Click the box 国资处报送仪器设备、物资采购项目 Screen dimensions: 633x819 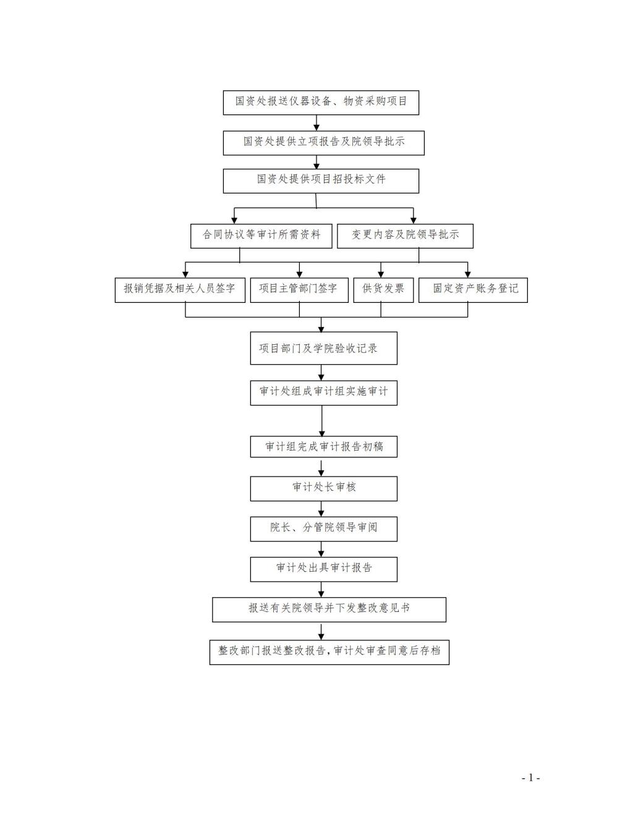click(321, 103)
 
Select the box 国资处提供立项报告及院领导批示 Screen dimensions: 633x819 click(324, 143)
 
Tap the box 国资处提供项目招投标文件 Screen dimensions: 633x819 click(321, 181)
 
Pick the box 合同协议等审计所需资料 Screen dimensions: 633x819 click(261, 236)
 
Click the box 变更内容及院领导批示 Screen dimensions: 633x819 click(405, 236)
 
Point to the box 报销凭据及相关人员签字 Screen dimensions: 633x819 click(180, 291)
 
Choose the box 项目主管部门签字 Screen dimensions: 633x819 click(299, 291)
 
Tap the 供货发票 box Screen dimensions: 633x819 click(383, 291)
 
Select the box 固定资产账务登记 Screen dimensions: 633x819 click(474, 291)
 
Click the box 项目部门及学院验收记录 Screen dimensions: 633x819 click(324, 348)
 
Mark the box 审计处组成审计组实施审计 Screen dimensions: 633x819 click(324, 393)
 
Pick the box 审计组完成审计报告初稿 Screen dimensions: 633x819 click(324, 447)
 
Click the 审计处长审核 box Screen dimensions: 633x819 click(324, 489)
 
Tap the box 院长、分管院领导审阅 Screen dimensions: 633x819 click(324, 529)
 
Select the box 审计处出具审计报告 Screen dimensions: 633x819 click(324, 569)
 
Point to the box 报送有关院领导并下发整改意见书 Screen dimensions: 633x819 click(329, 610)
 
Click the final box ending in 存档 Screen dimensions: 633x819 click(329, 652)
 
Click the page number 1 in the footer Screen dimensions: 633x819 click(531, 778)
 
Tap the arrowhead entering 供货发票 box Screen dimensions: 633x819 click(381, 275)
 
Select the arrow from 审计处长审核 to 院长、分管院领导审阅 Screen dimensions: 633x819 click(321, 509)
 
